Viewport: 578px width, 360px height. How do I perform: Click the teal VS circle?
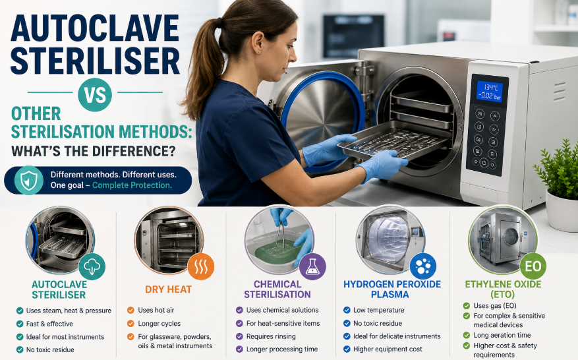tap(95, 94)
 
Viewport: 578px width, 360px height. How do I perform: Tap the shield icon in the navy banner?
tap(29, 181)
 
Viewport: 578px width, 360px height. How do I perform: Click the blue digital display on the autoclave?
tap(489, 92)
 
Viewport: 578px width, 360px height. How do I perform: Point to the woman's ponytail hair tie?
tap(219, 23)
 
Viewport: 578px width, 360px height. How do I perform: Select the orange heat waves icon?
tap(201, 266)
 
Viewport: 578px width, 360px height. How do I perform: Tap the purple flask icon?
tap(312, 266)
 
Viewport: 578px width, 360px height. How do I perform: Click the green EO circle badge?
tap(533, 266)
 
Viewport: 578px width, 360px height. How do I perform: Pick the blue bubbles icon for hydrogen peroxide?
tap(423, 266)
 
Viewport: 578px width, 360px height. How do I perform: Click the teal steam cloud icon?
tap(92, 266)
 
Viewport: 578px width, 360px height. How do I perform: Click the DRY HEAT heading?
tap(169, 289)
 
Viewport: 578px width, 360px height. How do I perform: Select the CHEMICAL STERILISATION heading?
tap(277, 289)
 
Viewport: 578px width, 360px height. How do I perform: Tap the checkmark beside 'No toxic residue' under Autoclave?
tap(20, 349)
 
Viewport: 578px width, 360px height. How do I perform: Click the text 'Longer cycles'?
tap(159, 324)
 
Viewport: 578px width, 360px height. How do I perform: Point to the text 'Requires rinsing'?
tap(271, 336)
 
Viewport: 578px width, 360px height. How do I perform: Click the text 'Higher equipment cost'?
tap(388, 349)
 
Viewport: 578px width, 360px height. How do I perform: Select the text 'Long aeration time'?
tap(502, 336)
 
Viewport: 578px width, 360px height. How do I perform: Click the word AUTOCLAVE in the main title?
tap(95, 28)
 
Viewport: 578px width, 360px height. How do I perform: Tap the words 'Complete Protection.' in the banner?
tap(132, 185)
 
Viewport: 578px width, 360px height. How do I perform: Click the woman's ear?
tap(258, 42)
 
